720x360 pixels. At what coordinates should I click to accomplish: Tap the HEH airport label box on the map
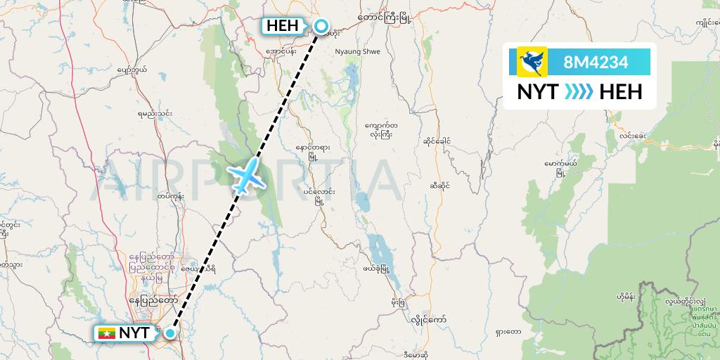point(284,27)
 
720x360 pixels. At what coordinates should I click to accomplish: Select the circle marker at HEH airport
point(321,27)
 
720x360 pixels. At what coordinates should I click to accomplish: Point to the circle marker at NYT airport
point(169,333)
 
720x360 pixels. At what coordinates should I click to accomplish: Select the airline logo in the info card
point(532,62)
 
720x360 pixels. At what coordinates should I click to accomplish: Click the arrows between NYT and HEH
point(579,91)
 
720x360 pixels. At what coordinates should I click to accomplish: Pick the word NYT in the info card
point(538,91)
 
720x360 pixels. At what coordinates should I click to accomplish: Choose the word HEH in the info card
point(621,91)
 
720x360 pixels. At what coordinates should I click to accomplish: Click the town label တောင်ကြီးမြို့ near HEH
point(384,15)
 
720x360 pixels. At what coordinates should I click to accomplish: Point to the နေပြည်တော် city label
point(153,300)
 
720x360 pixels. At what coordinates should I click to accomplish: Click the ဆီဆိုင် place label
point(439,186)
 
